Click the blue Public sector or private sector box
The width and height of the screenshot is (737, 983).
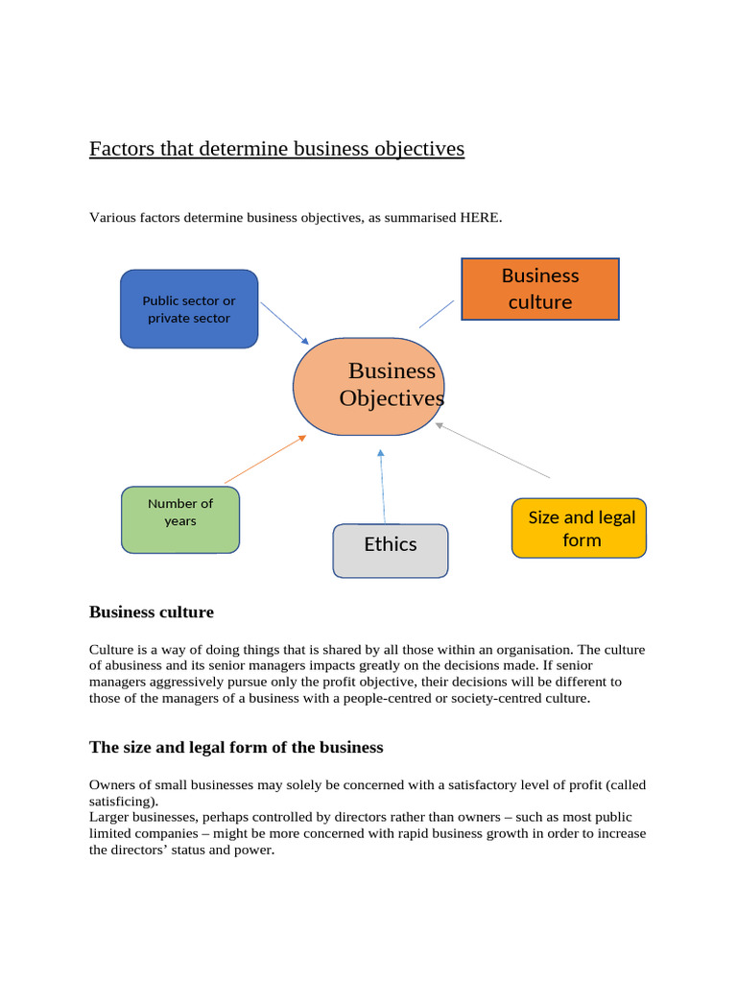pyautogui.click(x=189, y=309)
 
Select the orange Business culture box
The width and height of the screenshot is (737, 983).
pyautogui.click(x=540, y=289)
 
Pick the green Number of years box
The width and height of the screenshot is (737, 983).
pyautogui.click(x=180, y=519)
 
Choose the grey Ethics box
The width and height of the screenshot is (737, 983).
pyautogui.click(x=391, y=550)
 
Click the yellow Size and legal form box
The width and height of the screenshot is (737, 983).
pyautogui.click(x=580, y=528)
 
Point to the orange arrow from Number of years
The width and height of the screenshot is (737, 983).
pyautogui.click(x=265, y=459)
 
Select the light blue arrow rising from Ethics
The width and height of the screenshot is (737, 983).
pyautogui.click(x=382, y=485)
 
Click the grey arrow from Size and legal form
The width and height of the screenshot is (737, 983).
pyautogui.click(x=492, y=450)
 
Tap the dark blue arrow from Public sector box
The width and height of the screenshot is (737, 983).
pyautogui.click(x=284, y=324)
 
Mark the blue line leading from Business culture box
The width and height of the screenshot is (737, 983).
pyautogui.click(x=437, y=314)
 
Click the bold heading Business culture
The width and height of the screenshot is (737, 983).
pyautogui.click(x=152, y=611)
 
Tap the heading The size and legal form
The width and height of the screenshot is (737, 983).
pyautogui.click(x=236, y=747)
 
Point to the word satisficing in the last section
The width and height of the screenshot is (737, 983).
pyautogui.click(x=123, y=801)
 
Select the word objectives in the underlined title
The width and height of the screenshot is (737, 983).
pyautogui.click(x=418, y=149)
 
